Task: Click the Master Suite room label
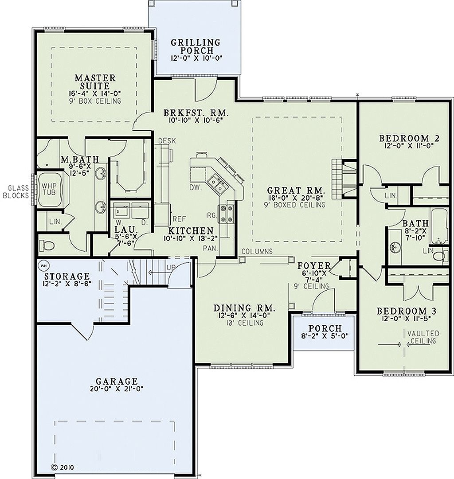(95, 82)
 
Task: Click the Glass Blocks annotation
(16, 192)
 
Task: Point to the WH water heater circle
(43, 265)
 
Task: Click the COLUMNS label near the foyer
(257, 252)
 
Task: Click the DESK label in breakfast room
(167, 141)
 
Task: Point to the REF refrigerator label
(179, 218)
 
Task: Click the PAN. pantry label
(210, 249)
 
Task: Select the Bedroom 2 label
(409, 139)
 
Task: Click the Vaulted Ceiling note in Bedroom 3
(425, 337)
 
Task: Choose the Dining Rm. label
(244, 308)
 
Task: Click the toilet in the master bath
(45, 245)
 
